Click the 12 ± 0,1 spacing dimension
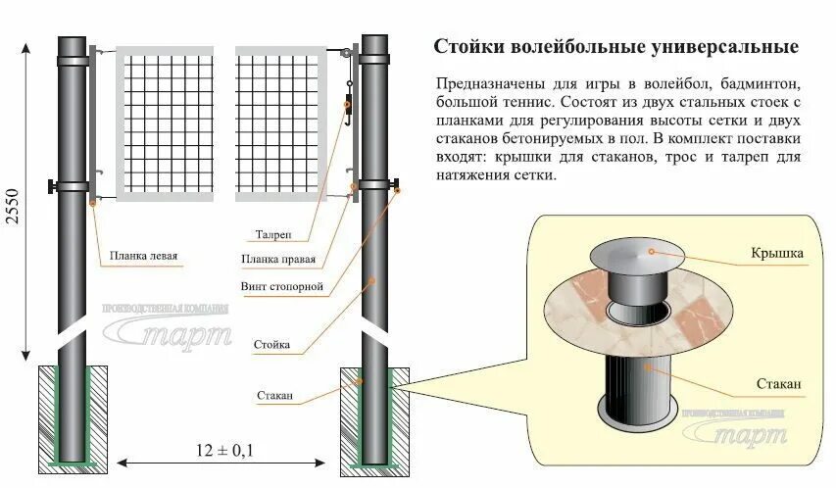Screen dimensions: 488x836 pyautogui.click(x=225, y=450)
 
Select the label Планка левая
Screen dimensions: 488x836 pyautogui.click(x=143, y=258)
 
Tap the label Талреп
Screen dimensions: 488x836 pyautogui.click(x=271, y=236)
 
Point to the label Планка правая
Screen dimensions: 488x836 pyautogui.click(x=278, y=260)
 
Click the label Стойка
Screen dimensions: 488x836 pyautogui.click(x=270, y=345)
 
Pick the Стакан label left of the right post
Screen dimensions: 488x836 pyautogui.click(x=275, y=396)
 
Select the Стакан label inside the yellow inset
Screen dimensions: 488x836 pyautogui.click(x=780, y=383)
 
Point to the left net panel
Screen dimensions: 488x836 pyautogui.click(x=165, y=122)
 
